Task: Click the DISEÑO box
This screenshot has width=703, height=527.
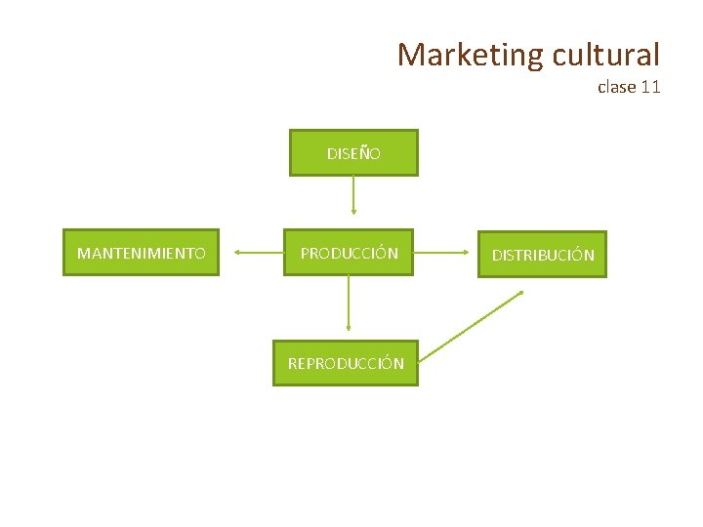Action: click(x=353, y=153)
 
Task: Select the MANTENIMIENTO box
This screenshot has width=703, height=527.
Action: click(x=142, y=254)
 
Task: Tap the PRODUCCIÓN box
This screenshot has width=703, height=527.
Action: click(x=349, y=254)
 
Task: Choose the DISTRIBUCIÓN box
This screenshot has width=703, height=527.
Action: click(x=542, y=255)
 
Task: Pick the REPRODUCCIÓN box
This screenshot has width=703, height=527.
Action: click(x=345, y=363)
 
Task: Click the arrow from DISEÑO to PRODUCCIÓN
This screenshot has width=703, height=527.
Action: click(x=353, y=195)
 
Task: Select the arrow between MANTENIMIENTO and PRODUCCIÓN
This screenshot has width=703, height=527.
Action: click(x=259, y=253)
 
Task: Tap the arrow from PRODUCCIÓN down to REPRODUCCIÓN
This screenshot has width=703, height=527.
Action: click(x=348, y=307)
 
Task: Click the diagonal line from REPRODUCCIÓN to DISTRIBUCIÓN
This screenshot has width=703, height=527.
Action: click(x=476, y=323)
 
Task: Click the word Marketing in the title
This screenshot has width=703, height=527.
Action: click(x=470, y=55)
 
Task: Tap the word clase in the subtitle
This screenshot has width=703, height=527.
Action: click(x=617, y=87)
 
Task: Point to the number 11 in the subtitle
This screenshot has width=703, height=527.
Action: click(x=651, y=87)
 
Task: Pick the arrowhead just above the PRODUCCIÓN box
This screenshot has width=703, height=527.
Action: click(x=353, y=212)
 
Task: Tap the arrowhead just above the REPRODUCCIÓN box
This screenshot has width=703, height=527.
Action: click(x=348, y=332)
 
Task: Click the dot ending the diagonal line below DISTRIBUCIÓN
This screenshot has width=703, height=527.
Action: click(x=522, y=292)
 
